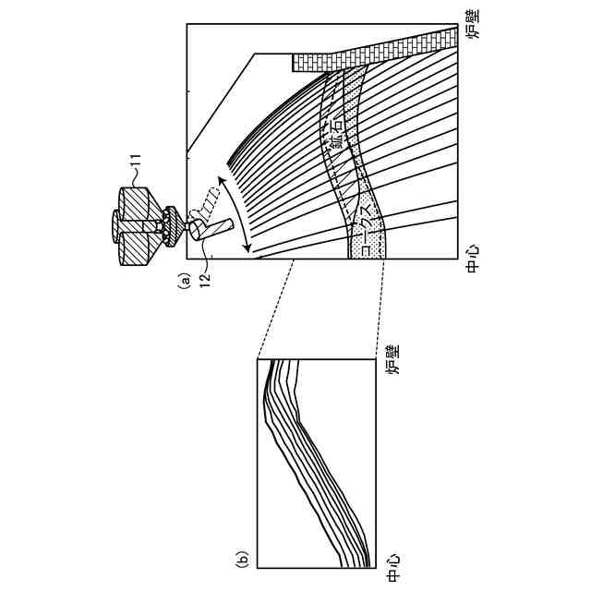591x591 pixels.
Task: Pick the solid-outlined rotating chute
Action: coord(215,227)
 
